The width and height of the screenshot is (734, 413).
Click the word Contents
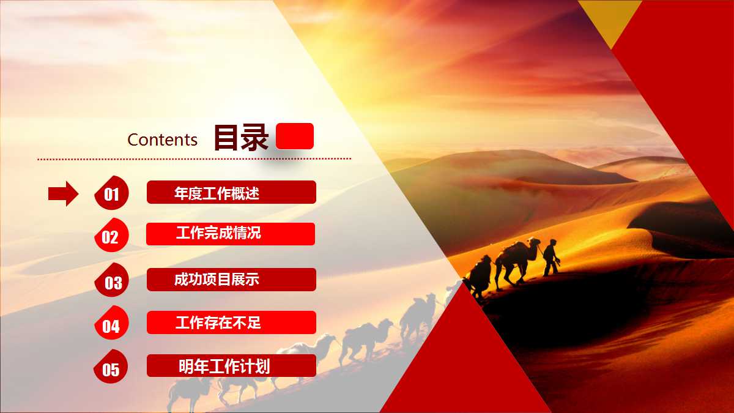(x=162, y=140)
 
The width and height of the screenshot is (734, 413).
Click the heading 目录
(x=240, y=138)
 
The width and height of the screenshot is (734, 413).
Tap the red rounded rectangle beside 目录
(x=295, y=136)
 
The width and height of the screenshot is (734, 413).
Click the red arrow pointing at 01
(x=63, y=194)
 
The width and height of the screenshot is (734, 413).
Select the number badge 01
(x=111, y=194)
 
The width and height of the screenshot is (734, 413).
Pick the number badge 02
(x=111, y=236)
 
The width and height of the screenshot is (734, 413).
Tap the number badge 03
(x=113, y=281)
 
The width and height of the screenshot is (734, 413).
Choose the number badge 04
(x=111, y=325)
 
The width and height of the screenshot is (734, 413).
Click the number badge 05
(x=111, y=368)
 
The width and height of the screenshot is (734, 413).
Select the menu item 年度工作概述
(x=231, y=193)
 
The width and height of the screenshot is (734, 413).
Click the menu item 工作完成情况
(x=231, y=234)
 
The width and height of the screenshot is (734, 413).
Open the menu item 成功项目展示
(x=231, y=280)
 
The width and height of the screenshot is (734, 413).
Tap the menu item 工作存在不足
(x=231, y=322)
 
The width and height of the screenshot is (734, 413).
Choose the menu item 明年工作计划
(x=231, y=366)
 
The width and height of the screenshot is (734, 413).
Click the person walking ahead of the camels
(x=550, y=256)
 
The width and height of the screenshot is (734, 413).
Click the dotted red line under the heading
(x=195, y=159)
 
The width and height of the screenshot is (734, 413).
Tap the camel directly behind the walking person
(x=517, y=258)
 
